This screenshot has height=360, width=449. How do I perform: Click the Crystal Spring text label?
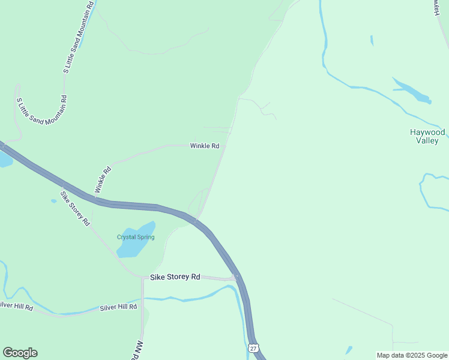pos(136,237)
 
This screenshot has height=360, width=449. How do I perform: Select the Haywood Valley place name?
pos(427,136)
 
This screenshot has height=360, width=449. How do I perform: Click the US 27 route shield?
pos(253,348)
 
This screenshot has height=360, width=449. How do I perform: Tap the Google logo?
pos(20,353)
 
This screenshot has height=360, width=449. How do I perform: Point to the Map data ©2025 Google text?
pos(412,355)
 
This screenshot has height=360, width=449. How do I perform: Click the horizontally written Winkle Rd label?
pos(205,146)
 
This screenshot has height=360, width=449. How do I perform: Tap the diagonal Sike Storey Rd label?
pos(75,208)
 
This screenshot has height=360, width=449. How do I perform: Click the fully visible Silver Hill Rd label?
pos(119,307)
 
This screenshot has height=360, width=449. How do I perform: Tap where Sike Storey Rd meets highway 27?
pos(237,278)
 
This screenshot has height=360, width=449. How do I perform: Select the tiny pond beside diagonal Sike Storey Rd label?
pos(53,201)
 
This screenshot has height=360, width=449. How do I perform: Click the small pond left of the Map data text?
pos(349,349)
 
